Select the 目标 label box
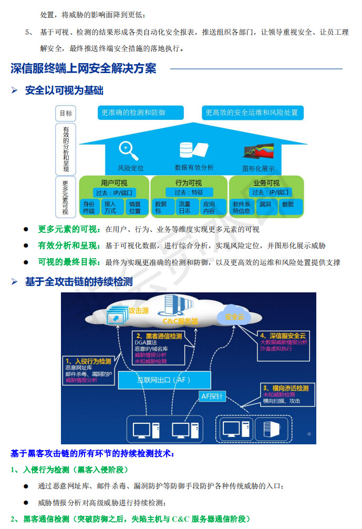[66, 113]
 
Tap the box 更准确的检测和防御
[140, 113]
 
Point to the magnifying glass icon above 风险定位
[128, 151]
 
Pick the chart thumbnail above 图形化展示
[258, 151]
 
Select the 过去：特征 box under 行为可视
[189, 192]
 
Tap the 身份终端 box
[89, 207]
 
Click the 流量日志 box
[185, 207]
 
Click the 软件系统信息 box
[241, 207]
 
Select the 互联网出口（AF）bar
[164, 379]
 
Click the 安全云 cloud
[234, 317]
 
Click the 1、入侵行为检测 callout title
[88, 361]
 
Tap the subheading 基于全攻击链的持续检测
[79, 281]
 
